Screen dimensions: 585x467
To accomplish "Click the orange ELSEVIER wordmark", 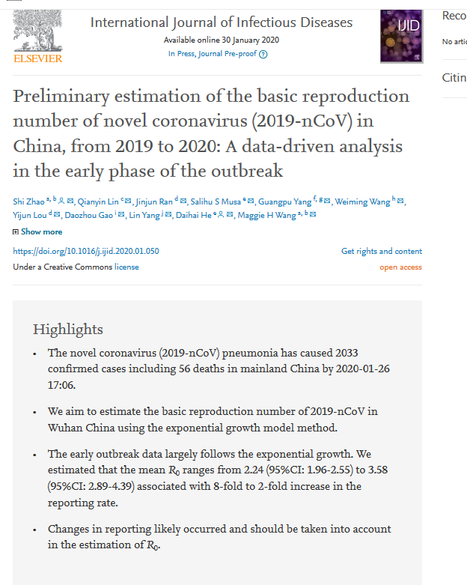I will [x=37, y=58].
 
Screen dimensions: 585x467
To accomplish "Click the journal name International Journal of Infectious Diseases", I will [x=222, y=22].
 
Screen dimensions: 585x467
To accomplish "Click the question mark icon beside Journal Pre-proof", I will [x=263, y=54].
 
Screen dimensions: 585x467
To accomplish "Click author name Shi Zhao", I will [x=28, y=201].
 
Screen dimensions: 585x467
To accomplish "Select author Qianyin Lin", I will [x=98, y=201].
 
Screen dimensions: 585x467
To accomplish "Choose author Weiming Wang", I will [x=362, y=201].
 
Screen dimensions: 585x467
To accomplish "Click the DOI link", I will [x=86, y=252].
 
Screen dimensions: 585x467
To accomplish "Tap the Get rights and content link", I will [x=382, y=252].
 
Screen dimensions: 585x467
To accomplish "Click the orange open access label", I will [x=400, y=267].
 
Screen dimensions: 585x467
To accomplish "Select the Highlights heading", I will [x=68, y=330].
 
